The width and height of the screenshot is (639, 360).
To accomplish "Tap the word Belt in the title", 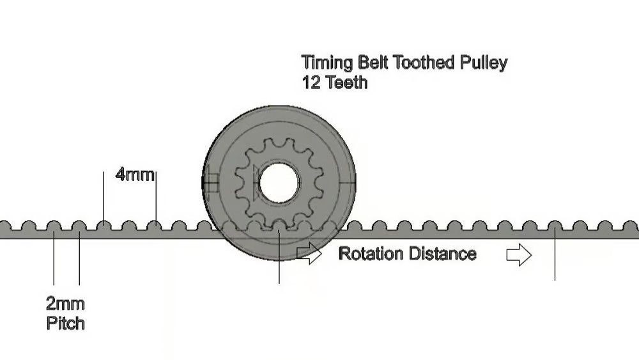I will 373,63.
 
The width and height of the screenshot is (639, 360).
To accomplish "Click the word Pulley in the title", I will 483,63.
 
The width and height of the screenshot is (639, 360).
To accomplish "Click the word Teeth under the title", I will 346,82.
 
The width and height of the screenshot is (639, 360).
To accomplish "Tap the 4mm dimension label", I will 135,174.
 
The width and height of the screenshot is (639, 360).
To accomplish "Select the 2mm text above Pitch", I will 65,303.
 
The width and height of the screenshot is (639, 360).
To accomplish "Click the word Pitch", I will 65,323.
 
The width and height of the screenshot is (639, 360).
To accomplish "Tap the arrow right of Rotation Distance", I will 519,255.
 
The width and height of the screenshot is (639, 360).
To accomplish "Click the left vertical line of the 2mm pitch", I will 54,259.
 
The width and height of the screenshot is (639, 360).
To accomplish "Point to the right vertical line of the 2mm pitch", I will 79,259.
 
